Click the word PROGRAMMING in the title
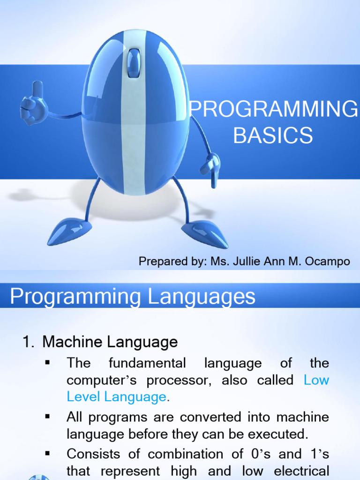click(x=273, y=109)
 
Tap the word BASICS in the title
click(x=273, y=135)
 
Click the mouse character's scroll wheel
click(x=134, y=63)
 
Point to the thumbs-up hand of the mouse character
click(x=34, y=103)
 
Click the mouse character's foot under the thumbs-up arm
click(x=69, y=231)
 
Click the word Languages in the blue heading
click(x=201, y=296)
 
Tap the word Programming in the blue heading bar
click(x=75, y=296)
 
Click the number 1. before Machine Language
click(x=29, y=342)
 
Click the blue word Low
click(x=316, y=380)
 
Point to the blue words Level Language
click(x=116, y=397)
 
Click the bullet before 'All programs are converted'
click(x=47, y=416)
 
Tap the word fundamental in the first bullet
click(x=147, y=363)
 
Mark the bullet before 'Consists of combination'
click(x=47, y=453)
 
